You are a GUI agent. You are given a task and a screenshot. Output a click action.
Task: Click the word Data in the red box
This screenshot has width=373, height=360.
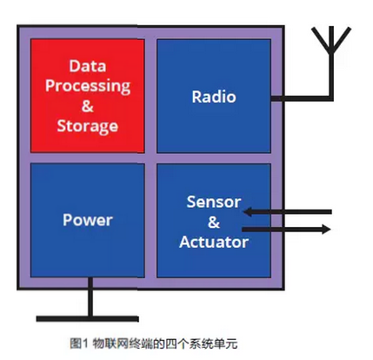(x=88, y=66)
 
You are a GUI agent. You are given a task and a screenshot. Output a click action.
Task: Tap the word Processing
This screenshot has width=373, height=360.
(x=88, y=86)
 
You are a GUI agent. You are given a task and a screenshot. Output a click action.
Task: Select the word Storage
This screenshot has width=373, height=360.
(x=88, y=126)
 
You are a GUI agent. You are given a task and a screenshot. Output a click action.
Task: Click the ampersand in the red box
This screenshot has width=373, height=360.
(x=88, y=106)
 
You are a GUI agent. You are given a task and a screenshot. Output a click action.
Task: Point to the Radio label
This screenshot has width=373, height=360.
(x=214, y=97)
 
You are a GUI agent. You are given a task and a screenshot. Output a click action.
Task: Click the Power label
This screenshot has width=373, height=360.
(x=88, y=220)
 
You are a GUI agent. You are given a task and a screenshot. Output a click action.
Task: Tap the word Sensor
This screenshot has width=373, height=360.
(x=214, y=202)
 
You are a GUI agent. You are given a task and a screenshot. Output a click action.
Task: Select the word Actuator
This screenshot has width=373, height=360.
(x=214, y=242)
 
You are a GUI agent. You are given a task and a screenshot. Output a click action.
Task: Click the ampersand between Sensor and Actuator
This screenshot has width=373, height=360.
(x=214, y=223)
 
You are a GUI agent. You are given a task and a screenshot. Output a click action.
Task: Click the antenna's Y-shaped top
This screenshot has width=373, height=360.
(x=331, y=40)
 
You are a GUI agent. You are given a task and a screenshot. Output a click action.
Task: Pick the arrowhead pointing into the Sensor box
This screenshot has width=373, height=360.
(x=248, y=212)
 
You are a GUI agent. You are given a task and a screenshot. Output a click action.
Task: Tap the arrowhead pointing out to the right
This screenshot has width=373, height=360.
(x=325, y=230)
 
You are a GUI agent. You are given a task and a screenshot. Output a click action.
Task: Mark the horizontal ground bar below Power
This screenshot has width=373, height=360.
(x=88, y=319)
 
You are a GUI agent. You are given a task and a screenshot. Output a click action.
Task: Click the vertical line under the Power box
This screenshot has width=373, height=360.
(x=90, y=297)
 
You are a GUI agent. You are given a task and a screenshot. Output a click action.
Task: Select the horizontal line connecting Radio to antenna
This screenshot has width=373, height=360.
(x=302, y=98)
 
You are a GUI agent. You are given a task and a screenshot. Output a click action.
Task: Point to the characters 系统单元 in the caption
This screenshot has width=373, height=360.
(x=213, y=343)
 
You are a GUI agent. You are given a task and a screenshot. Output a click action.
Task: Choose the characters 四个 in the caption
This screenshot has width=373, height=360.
(x=177, y=343)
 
